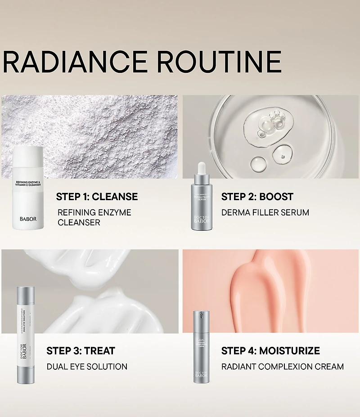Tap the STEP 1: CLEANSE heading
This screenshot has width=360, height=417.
97,197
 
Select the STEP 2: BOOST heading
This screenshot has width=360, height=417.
257,197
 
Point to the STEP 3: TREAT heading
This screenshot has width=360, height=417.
81,350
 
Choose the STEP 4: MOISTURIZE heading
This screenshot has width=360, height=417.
270,350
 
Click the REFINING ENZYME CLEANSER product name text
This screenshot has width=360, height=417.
94,217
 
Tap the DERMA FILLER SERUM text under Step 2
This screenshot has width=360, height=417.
265,212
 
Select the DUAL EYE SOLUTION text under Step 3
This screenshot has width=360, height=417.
87,367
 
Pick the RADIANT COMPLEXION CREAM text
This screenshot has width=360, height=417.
283,367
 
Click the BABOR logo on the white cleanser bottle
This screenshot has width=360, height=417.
28,219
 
